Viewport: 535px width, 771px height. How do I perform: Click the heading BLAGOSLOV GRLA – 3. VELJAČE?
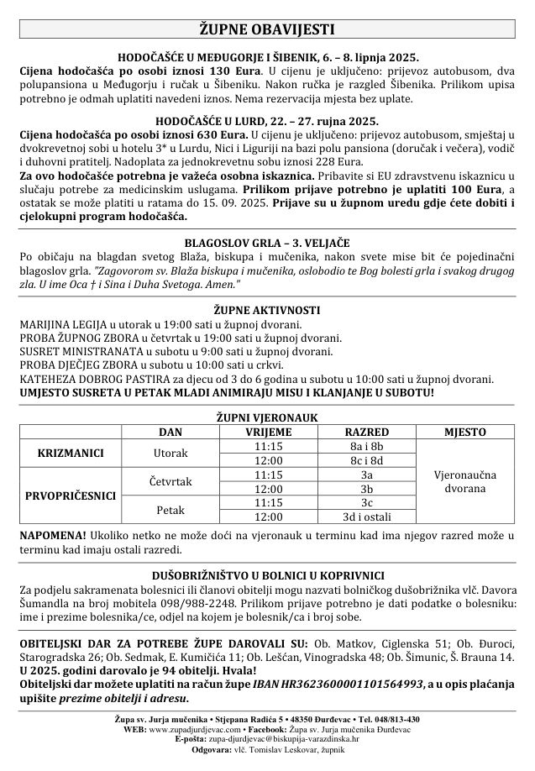(267, 242)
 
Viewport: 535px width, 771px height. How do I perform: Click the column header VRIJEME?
(268, 432)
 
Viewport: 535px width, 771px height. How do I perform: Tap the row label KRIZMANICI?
(71, 454)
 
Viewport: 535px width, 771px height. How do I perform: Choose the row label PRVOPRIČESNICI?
(71, 496)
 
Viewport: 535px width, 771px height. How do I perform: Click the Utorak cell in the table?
(170, 454)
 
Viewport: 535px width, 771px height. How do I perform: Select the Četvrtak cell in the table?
(170, 481)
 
